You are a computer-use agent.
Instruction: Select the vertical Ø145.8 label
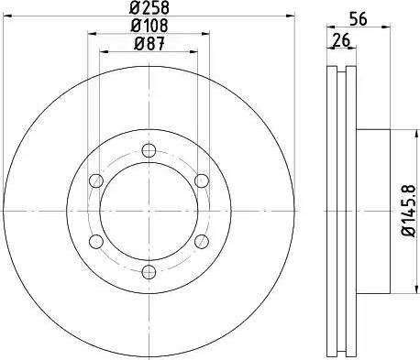[x=410, y=210]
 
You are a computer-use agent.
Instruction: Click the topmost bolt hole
[x=148, y=152]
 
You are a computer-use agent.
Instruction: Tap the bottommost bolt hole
[x=148, y=270]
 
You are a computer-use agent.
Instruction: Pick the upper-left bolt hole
[x=95, y=181]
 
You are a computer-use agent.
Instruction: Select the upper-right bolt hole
[x=200, y=181]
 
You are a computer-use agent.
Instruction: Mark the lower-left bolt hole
[x=95, y=241]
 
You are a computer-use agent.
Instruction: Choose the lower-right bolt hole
[x=200, y=241]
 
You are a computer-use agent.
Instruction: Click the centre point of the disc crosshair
[x=148, y=211]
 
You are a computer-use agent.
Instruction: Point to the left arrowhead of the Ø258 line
[x=10, y=15]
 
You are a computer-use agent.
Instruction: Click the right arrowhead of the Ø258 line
[x=285, y=15]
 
